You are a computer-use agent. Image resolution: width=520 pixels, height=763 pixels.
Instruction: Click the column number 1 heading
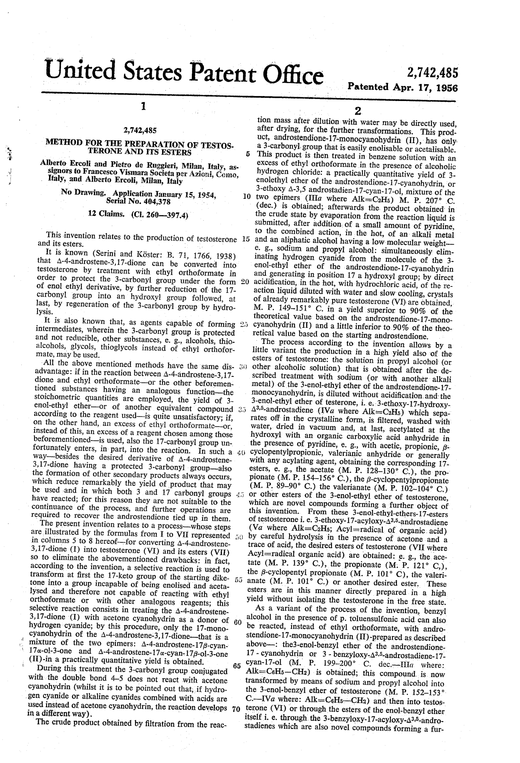coord(143,106)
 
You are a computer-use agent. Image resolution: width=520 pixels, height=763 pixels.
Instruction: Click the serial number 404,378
coord(154,201)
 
